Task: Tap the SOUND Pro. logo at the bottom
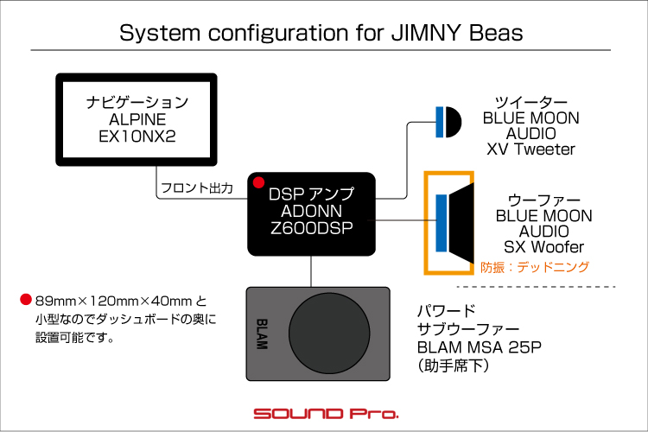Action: [x=324, y=413]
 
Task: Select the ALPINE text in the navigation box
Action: [x=137, y=119]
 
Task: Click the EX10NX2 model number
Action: [x=137, y=136]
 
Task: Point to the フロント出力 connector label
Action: [x=195, y=187]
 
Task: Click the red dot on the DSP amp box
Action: [x=257, y=182]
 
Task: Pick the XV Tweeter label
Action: [x=530, y=149]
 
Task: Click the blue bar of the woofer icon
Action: [x=442, y=223]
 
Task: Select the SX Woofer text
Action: [x=543, y=247]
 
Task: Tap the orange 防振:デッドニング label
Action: [x=535, y=268]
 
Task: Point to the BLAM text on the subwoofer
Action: [x=264, y=333]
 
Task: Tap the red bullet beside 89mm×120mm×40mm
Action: [x=25, y=302]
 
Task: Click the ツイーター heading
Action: [x=530, y=101]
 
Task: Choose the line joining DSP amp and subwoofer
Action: [x=311, y=271]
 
